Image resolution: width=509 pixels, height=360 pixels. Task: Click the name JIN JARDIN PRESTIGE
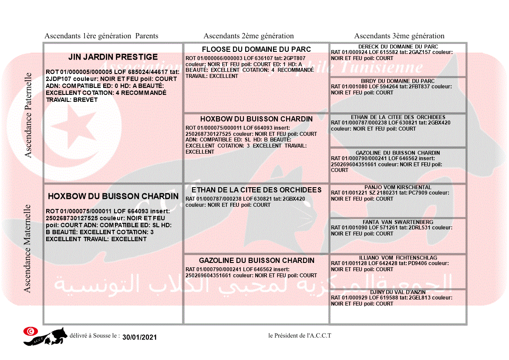click(113, 57)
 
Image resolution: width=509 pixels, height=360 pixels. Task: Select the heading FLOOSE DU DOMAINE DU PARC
click(256, 49)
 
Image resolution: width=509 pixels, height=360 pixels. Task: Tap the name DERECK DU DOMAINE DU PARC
click(398, 47)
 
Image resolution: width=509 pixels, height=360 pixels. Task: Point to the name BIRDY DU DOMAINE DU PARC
click(398, 81)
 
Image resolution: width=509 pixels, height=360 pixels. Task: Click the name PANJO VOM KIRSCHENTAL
click(398, 187)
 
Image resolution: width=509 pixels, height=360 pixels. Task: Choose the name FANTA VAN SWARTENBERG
click(398, 222)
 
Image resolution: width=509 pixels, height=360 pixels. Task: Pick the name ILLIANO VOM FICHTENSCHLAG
click(398, 258)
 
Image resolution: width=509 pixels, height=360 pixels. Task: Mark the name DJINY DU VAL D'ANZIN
click(398, 292)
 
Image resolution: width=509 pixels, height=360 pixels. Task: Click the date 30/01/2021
click(139, 337)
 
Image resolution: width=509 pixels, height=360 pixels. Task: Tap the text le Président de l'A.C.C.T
click(300, 336)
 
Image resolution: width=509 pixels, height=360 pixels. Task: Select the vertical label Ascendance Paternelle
click(28, 114)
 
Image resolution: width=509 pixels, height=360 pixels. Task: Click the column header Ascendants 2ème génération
click(249, 36)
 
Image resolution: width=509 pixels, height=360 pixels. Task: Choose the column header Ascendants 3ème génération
click(399, 36)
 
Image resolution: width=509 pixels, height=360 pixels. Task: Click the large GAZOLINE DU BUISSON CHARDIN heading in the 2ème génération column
click(256, 260)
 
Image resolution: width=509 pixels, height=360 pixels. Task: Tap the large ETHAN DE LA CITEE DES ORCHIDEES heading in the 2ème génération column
click(256, 190)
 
